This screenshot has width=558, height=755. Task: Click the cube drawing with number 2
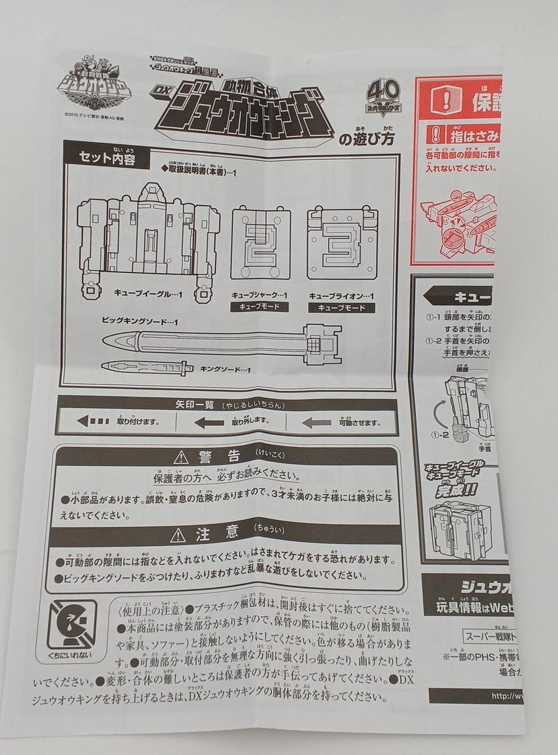click(x=260, y=242)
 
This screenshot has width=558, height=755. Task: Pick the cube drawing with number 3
click(x=342, y=242)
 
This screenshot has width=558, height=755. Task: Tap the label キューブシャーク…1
click(x=260, y=295)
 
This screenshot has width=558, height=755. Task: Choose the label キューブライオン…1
click(x=342, y=296)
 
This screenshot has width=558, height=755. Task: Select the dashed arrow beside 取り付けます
click(x=93, y=421)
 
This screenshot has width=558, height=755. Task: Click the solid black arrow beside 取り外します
click(x=209, y=422)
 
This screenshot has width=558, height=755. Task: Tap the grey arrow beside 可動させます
click(x=316, y=422)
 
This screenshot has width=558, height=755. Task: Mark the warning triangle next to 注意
click(x=178, y=535)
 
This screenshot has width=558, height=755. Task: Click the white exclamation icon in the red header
click(x=446, y=101)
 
